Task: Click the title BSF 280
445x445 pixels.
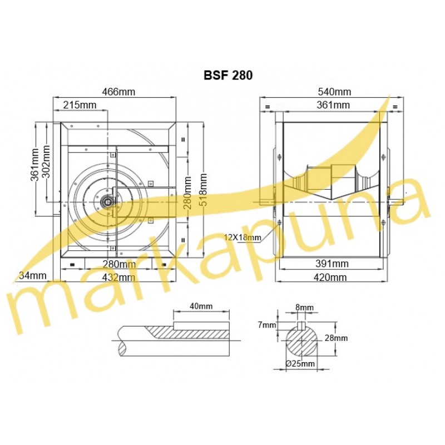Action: (228, 76)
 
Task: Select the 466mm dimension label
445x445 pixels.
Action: (118, 92)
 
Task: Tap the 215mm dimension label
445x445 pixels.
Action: (80, 105)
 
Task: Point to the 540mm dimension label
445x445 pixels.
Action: (334, 92)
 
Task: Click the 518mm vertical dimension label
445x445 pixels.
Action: (204, 190)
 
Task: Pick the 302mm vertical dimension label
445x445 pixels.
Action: (46, 161)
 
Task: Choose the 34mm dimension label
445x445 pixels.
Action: (33, 275)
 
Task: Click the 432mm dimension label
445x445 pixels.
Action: (118, 277)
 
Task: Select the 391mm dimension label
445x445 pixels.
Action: (332, 264)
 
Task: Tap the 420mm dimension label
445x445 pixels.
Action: (330, 277)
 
